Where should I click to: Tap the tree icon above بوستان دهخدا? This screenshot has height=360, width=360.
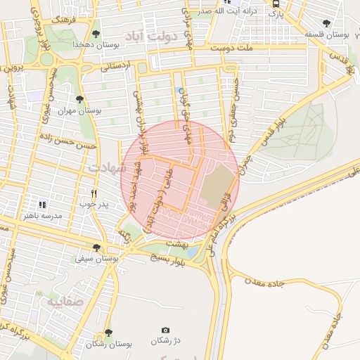pyautogui.click(x=96, y=33)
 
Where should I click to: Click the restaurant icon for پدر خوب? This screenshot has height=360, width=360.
pyautogui.click(x=94, y=193)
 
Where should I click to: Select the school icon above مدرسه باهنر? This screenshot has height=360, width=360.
pyautogui.click(x=43, y=205)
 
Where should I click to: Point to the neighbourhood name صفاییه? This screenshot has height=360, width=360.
pyautogui.click(x=62, y=301)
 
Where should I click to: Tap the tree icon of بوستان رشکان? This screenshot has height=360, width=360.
pyautogui.click(x=108, y=333)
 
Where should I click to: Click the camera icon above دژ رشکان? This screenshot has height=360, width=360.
pyautogui.click(x=165, y=330)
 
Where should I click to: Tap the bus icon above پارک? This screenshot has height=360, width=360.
pyautogui.click(x=275, y=2)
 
